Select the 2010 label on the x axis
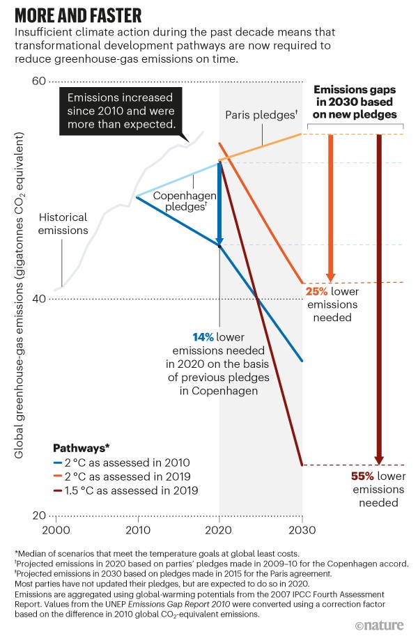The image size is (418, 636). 137,529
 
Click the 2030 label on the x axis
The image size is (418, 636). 302,529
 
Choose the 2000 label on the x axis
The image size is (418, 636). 55,529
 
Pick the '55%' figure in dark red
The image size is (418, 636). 362,476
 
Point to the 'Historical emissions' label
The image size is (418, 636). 63,223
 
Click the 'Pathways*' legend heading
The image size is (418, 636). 82,447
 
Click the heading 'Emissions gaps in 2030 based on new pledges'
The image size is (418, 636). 355,102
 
